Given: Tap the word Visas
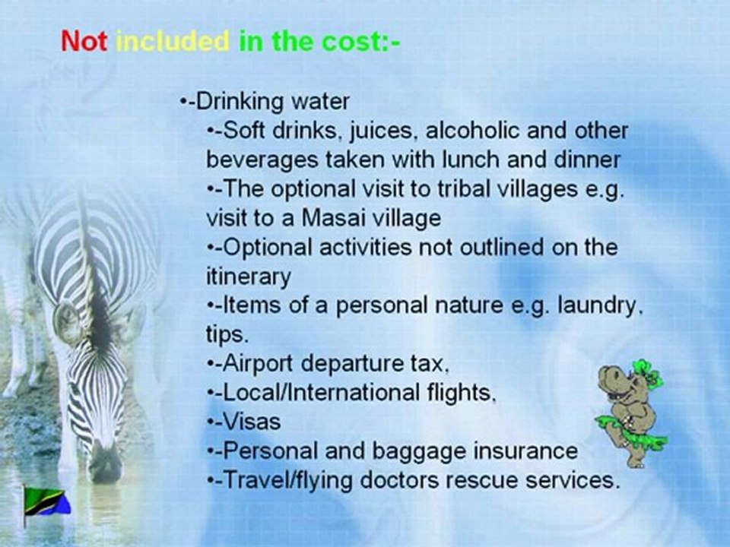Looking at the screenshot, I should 252,422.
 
